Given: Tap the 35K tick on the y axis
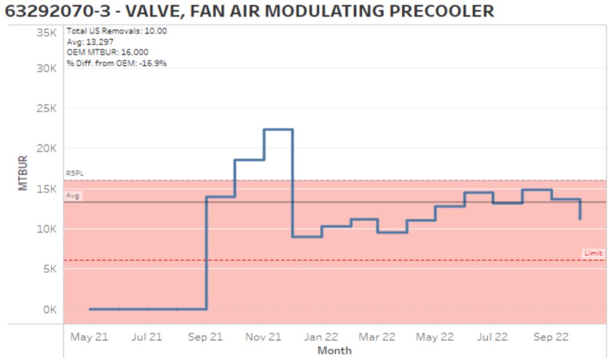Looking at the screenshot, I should click(46, 32).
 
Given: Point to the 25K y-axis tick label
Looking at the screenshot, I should click(46, 109).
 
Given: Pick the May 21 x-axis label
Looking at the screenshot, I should click(89, 337).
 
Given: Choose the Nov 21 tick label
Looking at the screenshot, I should click(263, 337).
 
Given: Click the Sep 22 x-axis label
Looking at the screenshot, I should click(550, 337).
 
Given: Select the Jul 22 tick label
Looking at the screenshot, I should click(492, 337).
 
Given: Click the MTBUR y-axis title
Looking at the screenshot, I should click(23, 173).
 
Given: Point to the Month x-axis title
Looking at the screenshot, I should click(334, 350).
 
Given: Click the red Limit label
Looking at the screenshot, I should click(593, 253).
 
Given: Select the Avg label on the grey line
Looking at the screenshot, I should click(72, 196).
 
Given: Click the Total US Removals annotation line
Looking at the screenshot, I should click(117, 31).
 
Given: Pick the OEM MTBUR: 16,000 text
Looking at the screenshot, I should click(108, 52).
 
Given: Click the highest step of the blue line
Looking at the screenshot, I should click(278, 129).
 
